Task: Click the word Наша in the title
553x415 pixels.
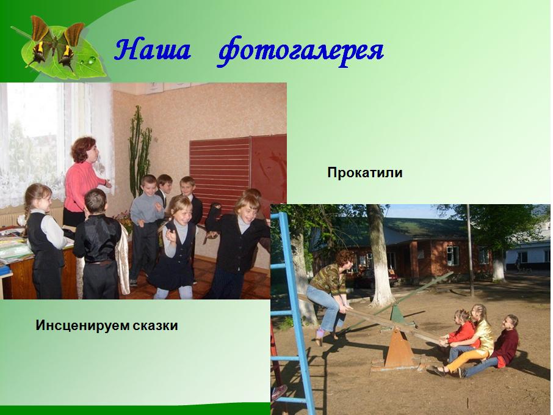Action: pyautogui.click(x=153, y=49)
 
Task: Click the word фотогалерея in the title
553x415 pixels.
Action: pyautogui.click(x=300, y=51)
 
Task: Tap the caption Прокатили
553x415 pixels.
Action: pyautogui.click(x=364, y=173)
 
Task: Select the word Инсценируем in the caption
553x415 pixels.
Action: pyautogui.click(x=82, y=325)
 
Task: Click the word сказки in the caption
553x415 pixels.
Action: pyautogui.click(x=156, y=325)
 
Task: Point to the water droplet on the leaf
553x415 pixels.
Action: pyautogui.click(x=92, y=60)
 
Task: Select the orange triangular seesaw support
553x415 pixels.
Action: pyautogui.click(x=399, y=348)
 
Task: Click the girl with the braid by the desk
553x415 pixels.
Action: pyautogui.click(x=44, y=240)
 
